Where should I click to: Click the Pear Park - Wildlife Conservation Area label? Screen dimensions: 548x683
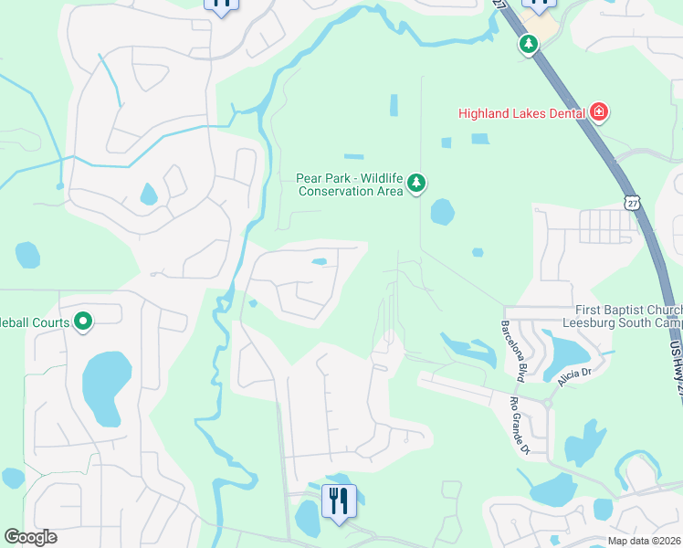tap(350, 184)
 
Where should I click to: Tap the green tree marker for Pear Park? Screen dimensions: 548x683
tap(416, 184)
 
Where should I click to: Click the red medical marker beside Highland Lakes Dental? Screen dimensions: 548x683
tap(599, 112)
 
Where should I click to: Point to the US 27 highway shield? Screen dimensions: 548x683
tap(632, 202)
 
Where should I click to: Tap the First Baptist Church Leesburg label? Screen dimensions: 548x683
tap(629, 317)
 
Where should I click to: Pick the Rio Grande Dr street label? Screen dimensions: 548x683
tap(520, 425)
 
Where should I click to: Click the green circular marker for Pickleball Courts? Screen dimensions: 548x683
tap(83, 321)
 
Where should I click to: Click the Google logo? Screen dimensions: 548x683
tap(30, 537)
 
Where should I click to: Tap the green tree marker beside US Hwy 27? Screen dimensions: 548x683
tap(528, 43)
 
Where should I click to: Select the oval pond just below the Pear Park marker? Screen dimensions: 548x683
tap(442, 212)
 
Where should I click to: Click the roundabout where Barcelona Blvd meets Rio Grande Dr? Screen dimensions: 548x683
tap(547, 403)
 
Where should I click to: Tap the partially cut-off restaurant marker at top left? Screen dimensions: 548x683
tap(221, 5)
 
